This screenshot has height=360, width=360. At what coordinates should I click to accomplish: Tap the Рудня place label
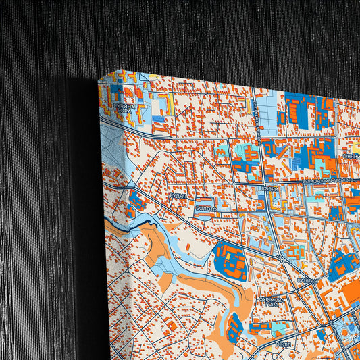coord(178,195)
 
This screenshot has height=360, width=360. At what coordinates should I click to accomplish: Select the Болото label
coord(206,209)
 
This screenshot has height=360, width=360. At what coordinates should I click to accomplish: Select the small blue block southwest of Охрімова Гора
coord(234,328)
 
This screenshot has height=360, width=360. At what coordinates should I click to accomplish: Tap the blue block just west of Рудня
coord(138,200)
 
